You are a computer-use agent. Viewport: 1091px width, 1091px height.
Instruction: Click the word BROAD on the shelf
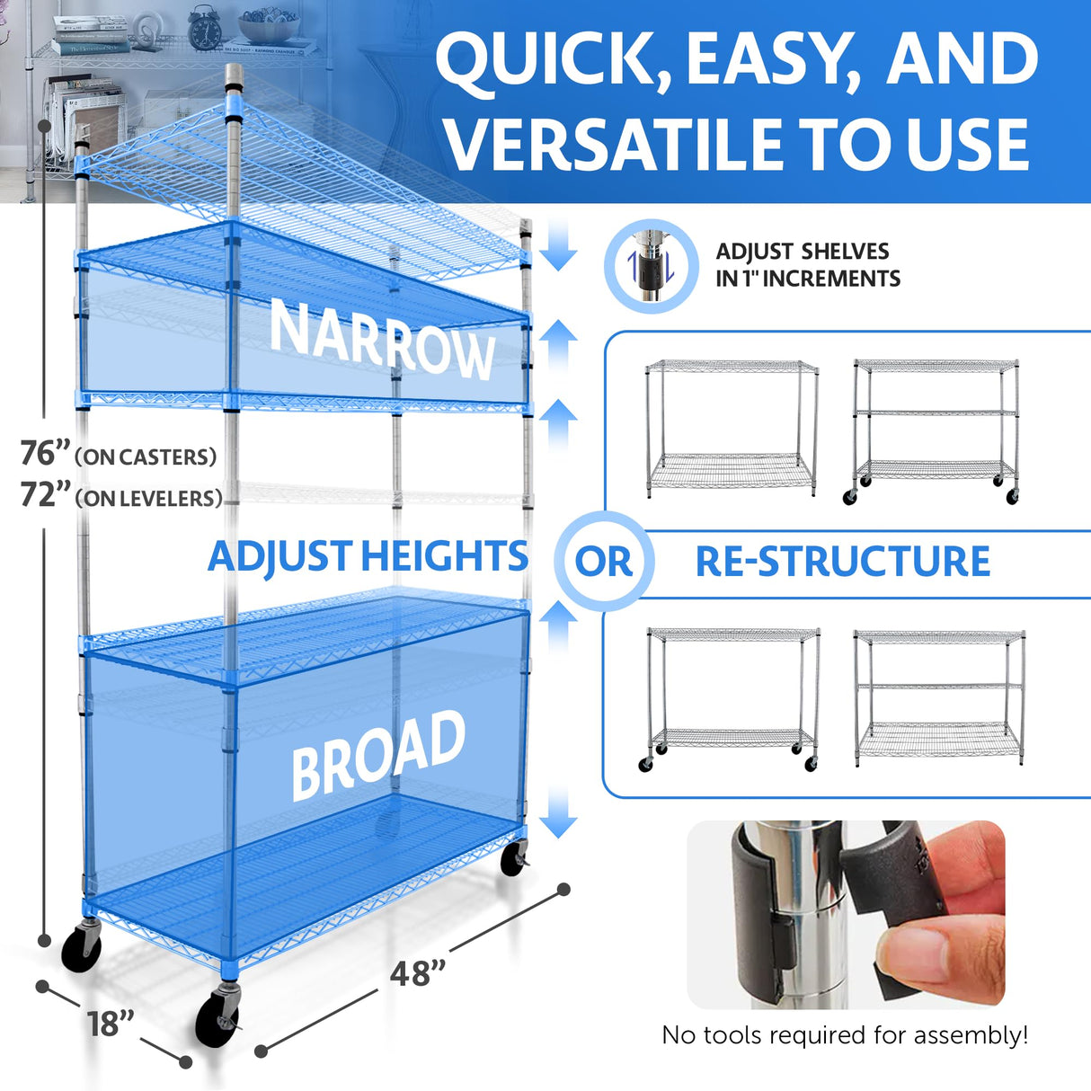tap(378, 754)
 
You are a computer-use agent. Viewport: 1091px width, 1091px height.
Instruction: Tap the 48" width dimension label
tap(418, 972)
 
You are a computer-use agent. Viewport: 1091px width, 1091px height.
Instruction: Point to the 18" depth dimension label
tap(111, 1024)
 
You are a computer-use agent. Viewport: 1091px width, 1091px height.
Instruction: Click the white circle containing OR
tap(604, 562)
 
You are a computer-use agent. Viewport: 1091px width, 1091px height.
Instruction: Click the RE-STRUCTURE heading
tap(842, 562)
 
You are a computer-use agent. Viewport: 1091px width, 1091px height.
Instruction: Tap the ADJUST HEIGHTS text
tap(368, 556)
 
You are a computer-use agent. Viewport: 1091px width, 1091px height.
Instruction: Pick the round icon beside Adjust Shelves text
tap(652, 266)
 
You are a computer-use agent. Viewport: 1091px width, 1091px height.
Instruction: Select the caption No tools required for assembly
tap(844, 1035)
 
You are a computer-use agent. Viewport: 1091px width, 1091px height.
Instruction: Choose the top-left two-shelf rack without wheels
tap(732, 428)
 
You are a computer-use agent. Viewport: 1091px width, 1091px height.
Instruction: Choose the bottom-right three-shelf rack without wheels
tap(938, 697)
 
